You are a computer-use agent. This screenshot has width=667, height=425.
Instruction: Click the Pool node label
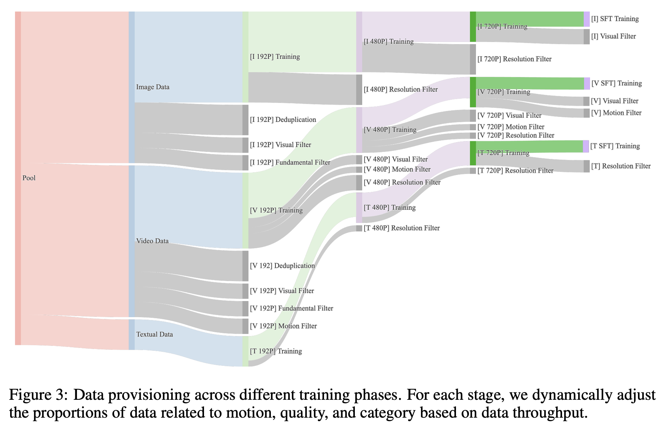[29, 178]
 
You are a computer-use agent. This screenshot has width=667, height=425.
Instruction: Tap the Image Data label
[153, 87]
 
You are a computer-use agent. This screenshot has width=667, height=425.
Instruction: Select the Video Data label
[152, 241]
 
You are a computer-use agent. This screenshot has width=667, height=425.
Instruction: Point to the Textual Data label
[154, 334]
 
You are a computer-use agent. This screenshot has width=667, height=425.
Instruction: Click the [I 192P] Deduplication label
[283, 120]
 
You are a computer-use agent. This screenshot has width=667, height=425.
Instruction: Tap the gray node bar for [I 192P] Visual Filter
[245, 145]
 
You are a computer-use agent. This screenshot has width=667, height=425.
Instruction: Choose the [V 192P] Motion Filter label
[283, 326]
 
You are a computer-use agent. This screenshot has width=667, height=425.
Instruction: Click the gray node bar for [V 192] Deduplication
[245, 266]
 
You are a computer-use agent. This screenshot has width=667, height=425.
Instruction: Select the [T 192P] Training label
[276, 351]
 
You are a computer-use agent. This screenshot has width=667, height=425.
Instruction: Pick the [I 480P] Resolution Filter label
[401, 90]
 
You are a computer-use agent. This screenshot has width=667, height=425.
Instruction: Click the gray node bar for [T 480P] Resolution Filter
[359, 228]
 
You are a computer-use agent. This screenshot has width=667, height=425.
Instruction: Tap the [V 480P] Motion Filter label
[397, 169]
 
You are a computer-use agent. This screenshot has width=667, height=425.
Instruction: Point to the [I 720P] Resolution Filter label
[514, 59]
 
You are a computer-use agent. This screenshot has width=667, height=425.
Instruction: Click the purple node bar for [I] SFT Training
[587, 19]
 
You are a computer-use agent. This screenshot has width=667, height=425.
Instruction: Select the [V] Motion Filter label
[616, 113]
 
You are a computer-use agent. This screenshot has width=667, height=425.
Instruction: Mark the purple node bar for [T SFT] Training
[586, 146]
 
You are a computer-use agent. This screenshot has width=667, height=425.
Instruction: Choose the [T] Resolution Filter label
[620, 166]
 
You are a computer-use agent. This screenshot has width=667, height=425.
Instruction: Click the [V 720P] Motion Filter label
[511, 127]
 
